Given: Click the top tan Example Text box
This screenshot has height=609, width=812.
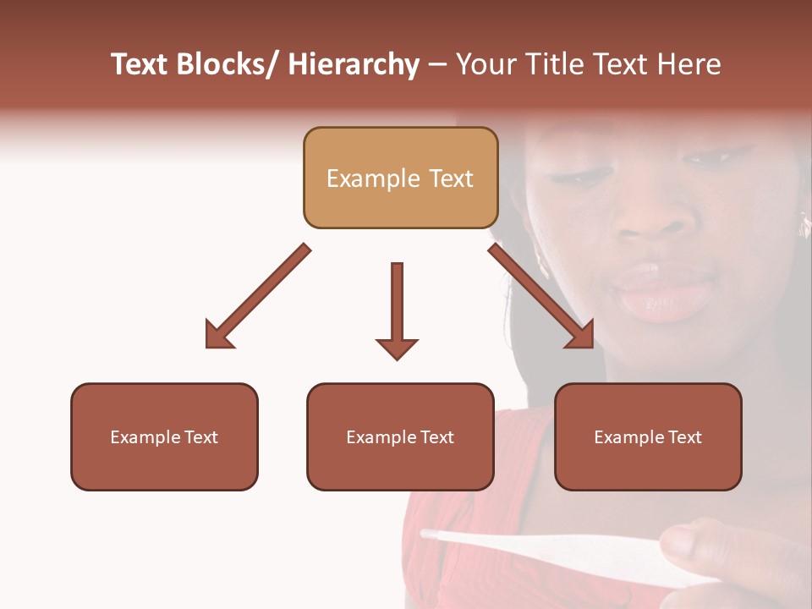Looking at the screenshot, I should coord(400,178).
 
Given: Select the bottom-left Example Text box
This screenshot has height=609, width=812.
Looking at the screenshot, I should coord(164,436).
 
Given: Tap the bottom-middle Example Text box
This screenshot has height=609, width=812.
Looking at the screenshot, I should coord(400,436).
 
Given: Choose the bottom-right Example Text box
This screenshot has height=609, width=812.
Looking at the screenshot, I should coord(648,436).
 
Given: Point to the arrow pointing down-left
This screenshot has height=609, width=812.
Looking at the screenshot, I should coord(258,296).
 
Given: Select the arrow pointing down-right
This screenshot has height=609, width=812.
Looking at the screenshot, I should coord(541,296).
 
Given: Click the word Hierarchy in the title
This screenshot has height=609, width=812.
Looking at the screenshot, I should coord(354,64).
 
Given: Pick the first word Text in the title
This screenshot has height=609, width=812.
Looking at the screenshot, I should coord(140,64).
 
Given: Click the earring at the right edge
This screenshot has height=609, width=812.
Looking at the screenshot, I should coord(804,224).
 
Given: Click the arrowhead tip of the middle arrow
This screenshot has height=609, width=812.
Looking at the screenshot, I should coord(397,359).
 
